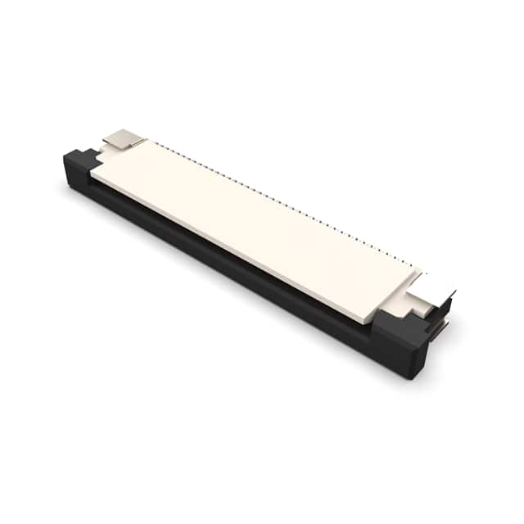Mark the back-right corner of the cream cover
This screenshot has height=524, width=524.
[422, 271]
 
